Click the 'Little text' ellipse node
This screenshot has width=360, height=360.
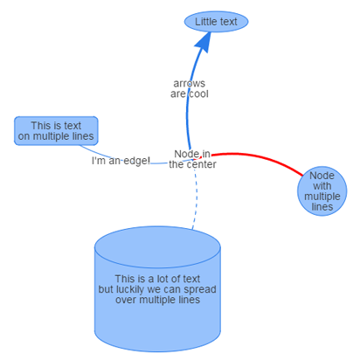coord(216,22)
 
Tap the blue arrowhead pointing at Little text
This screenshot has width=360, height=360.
coord(204,42)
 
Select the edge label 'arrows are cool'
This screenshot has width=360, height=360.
coord(190,88)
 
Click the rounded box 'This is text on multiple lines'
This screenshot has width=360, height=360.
coord(56,131)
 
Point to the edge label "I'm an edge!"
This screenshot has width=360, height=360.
coord(121,161)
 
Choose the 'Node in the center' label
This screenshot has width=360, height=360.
coord(192,159)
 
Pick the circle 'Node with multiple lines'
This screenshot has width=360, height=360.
coord(322,191)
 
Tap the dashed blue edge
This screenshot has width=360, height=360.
coord(196,199)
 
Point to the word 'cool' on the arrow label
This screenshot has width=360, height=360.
coord(199,93)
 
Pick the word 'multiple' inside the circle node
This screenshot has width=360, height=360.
coord(322,197)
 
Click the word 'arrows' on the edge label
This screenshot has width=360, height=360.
coord(190,84)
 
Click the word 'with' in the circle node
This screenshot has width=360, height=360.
coord(322,186)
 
